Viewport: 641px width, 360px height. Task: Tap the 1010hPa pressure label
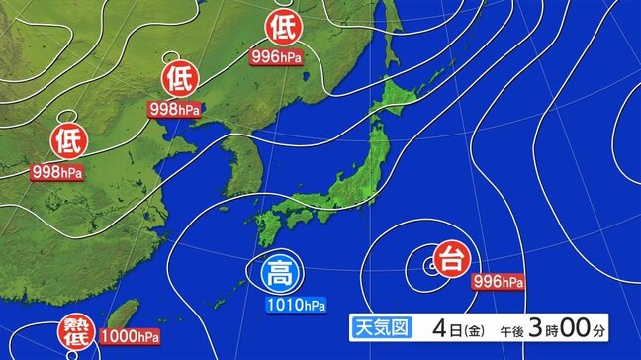click(x=296, y=304)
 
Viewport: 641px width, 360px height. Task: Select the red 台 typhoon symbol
click(x=451, y=261)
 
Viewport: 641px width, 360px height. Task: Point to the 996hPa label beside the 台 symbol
click(x=498, y=282)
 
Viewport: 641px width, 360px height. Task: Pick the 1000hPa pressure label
click(x=130, y=337)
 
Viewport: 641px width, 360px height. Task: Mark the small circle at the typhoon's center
click(x=430, y=264)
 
